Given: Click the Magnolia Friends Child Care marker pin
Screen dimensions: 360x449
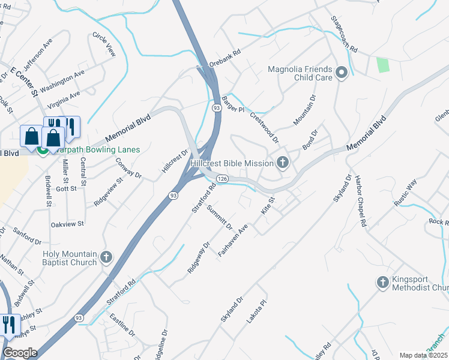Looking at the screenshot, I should [342, 74].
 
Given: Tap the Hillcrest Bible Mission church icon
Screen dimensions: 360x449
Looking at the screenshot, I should [282, 163].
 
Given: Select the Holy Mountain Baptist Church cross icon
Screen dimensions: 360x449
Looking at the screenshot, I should [106, 257].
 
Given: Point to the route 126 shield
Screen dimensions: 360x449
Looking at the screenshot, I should [222, 179].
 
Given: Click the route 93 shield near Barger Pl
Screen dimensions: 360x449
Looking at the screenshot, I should [216, 107].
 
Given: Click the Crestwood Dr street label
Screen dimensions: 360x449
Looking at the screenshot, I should [265, 128].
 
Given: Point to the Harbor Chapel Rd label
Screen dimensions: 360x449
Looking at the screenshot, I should [360, 200].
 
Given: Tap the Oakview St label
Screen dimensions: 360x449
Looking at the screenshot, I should [67, 224].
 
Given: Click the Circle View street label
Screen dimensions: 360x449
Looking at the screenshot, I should [104, 44].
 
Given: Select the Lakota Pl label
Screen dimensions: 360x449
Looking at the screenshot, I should [256, 313].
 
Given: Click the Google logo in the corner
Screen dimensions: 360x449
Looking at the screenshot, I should [20, 353].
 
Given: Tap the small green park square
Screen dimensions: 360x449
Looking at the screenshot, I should [382, 65].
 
